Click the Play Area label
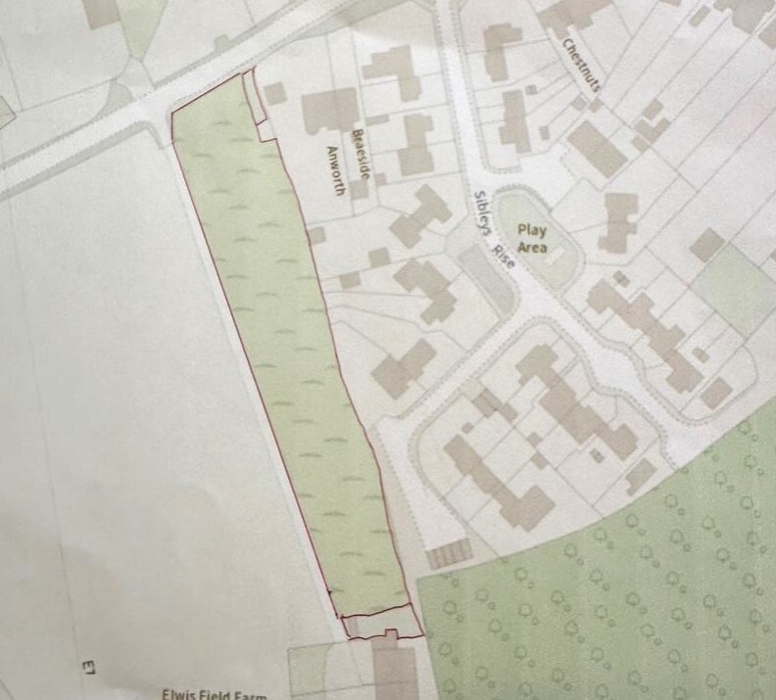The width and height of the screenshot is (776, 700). pyautogui.click(x=533, y=239)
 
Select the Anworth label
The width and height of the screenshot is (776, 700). pyautogui.click(x=337, y=172)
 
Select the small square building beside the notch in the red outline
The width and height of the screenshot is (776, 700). pyautogui.click(x=275, y=94)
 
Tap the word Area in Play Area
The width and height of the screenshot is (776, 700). pyautogui.click(x=533, y=248)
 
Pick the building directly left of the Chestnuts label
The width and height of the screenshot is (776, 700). pyautogui.click(x=502, y=39)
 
